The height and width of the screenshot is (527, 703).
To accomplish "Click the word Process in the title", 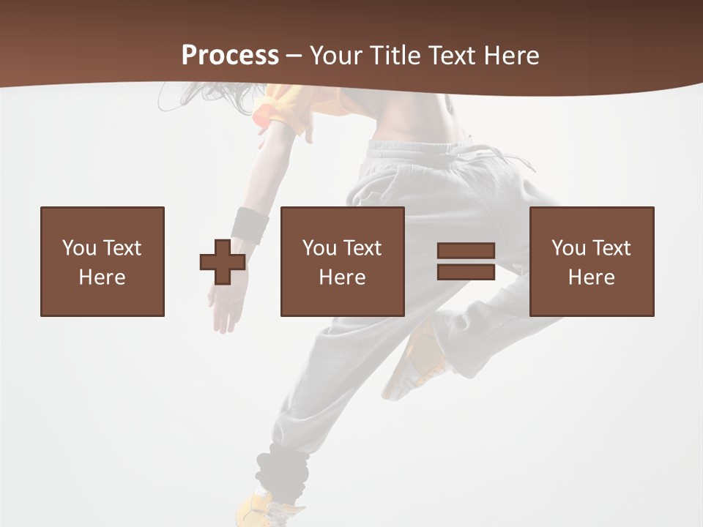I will (x=230, y=55).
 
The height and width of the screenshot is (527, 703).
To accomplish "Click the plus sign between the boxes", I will (x=223, y=262).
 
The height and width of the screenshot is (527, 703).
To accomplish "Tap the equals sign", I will (x=466, y=261).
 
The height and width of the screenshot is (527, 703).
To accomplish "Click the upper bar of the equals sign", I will (x=466, y=251).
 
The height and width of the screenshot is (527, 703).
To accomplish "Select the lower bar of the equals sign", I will (x=466, y=272).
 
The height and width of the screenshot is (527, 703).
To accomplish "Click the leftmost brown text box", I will (x=103, y=261).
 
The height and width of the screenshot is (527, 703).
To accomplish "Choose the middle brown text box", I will (x=342, y=261).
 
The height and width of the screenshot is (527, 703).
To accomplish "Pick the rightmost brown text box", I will (x=591, y=261).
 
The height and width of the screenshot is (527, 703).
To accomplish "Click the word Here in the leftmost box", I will (x=103, y=277).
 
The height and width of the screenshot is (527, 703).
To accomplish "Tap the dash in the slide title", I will (x=294, y=56).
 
